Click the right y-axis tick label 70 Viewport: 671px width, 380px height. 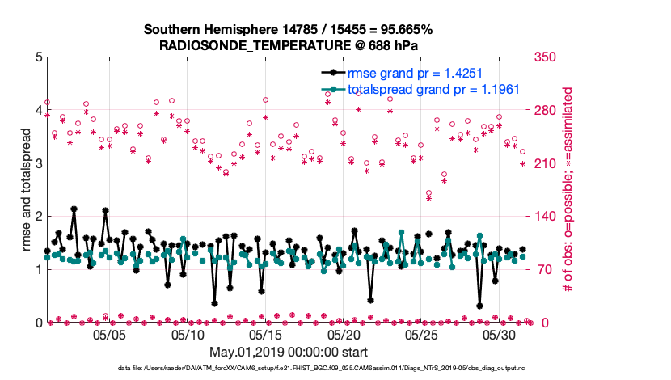pos(542,270)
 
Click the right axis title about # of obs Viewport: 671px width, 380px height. pos(568,190)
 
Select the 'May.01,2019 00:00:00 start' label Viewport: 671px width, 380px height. pos(289,352)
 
